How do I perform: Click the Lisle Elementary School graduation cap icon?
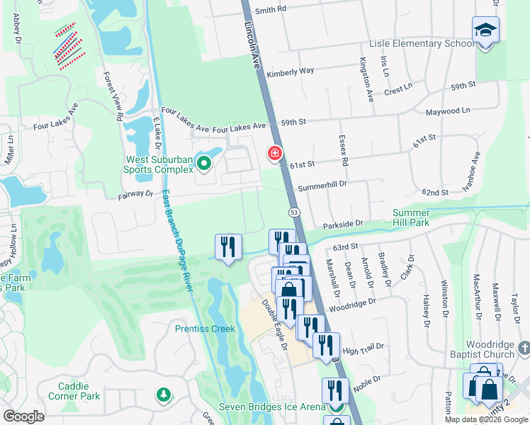coord(485,30)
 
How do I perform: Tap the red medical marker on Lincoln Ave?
coord(274,153)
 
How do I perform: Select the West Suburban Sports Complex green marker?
coord(205,164)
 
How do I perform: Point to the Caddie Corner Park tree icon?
coord(164,394)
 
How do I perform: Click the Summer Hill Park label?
coord(410,217)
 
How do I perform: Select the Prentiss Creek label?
coord(204,329)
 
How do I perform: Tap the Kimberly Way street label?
coord(290,72)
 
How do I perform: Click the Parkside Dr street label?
coord(342,224)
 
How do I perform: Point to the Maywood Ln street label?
coord(447,111)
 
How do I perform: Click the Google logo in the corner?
coord(24,416)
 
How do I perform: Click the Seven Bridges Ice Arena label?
coord(272,407)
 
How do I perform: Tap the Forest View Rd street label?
coord(114,96)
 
